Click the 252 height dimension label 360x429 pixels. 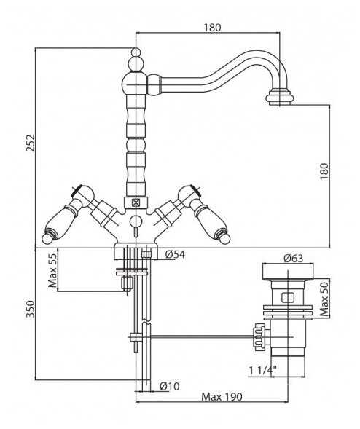click(30, 142)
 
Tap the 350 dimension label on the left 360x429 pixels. click(30, 309)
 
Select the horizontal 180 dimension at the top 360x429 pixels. click(212, 28)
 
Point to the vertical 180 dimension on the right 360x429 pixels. click(324, 171)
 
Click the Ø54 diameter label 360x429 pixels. click(175, 255)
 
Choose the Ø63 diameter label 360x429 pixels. click(294, 259)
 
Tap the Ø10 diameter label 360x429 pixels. click(170, 386)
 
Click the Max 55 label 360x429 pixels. click(52, 270)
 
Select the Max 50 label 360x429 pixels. click(324, 299)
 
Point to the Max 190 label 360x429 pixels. click(222, 396)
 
